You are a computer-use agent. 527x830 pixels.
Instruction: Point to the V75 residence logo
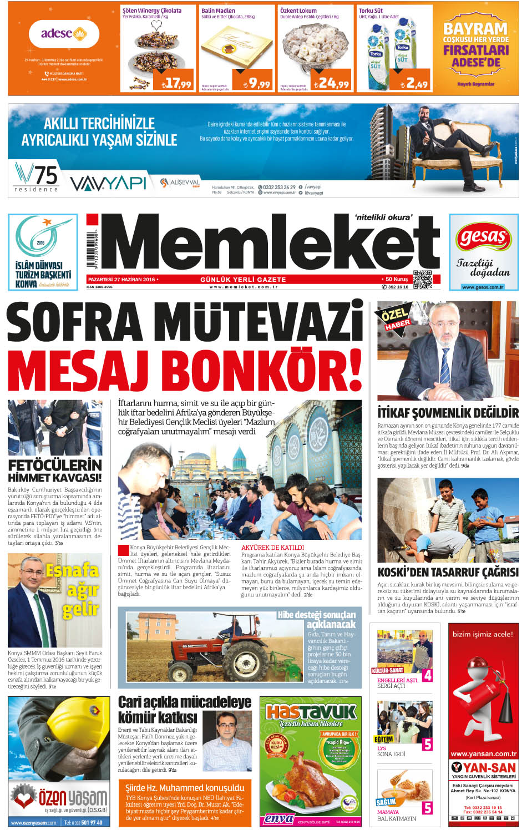click(x=37, y=178)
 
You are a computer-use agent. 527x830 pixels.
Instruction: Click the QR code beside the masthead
click(x=422, y=279)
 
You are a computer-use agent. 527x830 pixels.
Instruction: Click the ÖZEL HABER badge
click(x=395, y=317)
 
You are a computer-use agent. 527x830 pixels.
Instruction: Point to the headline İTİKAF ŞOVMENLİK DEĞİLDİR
click(x=448, y=413)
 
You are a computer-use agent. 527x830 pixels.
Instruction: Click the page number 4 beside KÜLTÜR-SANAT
click(x=427, y=675)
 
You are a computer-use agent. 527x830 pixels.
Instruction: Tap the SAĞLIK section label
click(x=386, y=802)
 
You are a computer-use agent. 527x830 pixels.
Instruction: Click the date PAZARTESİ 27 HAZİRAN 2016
click(x=121, y=279)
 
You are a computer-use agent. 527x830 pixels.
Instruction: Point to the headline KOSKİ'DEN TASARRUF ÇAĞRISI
click(x=448, y=572)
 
